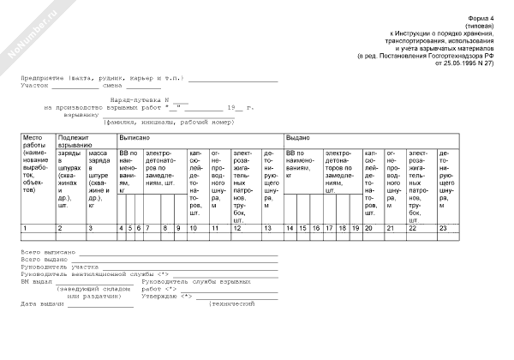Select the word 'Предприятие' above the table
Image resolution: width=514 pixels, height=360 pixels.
(46, 78)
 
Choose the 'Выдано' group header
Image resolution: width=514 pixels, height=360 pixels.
(298, 137)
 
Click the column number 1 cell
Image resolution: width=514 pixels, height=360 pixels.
(25, 228)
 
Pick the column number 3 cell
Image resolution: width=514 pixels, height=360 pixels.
(90, 228)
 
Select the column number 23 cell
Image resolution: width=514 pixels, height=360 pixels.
(443, 228)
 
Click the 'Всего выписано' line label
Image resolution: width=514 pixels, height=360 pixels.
(48, 253)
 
